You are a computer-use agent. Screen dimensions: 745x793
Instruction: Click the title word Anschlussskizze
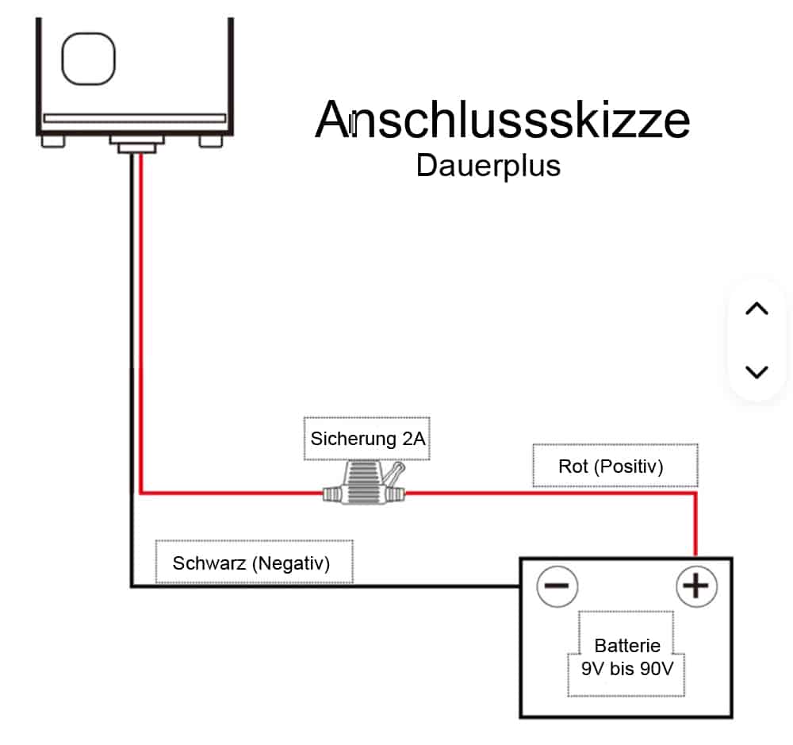[502, 121]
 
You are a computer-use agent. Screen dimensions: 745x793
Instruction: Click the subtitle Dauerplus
[488, 166]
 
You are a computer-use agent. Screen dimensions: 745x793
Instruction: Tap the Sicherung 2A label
[367, 439]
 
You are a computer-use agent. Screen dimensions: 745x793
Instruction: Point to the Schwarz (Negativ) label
[253, 563]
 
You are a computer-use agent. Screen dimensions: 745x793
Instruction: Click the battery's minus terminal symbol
[557, 587]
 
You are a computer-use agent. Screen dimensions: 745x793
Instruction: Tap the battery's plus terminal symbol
[695, 587]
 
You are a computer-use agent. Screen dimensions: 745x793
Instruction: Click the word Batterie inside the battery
[626, 646]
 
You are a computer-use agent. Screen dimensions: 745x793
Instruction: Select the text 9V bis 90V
[626, 669]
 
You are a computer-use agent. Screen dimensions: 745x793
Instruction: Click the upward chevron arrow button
[757, 309]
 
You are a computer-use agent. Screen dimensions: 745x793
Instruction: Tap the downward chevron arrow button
[757, 371]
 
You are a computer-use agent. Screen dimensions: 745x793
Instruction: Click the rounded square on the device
[89, 59]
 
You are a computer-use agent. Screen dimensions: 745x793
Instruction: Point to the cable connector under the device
[136, 145]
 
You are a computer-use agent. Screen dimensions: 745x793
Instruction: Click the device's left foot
[52, 140]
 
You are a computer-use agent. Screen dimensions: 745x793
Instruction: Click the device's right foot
[212, 140]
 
